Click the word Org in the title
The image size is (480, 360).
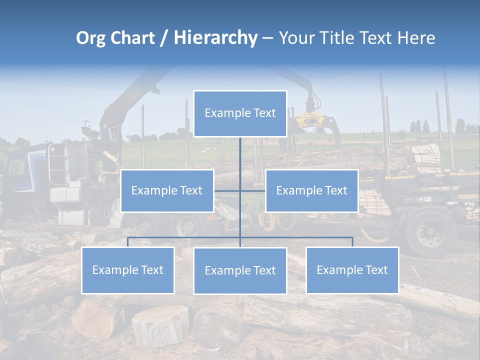coord(90,38)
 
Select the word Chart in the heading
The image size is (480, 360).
coord(131,38)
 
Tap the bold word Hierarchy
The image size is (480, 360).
coord(215,38)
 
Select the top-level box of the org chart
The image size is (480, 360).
coord(240,113)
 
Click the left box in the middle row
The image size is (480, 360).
coord(167,190)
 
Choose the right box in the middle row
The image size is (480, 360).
coord(311,190)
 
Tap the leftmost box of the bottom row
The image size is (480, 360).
coord(127,270)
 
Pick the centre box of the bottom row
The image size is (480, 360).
coord(240,270)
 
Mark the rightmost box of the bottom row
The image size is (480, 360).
coord(352,270)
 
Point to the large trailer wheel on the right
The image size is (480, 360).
coord(429,232)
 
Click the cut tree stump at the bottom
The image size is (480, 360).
coord(160,325)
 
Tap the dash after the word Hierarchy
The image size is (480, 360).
coord(267,38)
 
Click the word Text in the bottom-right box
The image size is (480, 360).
coord(376,270)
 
